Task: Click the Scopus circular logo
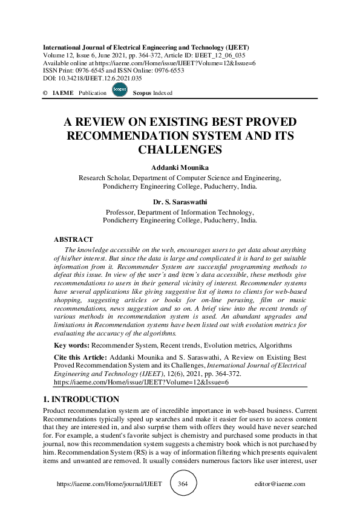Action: click(119, 89)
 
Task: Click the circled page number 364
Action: click(183, 484)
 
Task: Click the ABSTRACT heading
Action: click(73, 240)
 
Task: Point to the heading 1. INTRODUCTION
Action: click(81, 400)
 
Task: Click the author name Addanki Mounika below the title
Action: click(180, 167)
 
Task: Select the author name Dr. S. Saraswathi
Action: click(180, 202)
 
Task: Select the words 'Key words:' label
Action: click(71, 345)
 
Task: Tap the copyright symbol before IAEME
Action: click(45, 93)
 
